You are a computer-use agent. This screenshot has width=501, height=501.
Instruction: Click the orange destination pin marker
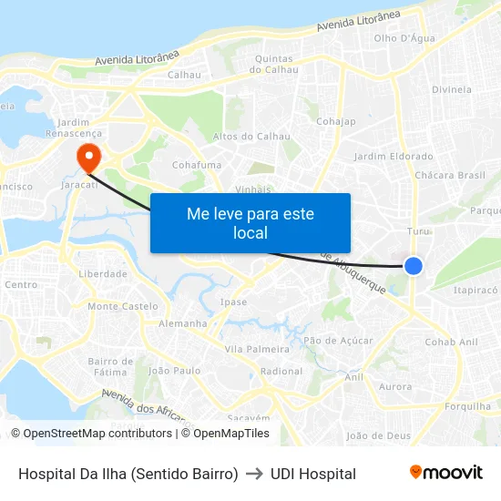click(x=89, y=156)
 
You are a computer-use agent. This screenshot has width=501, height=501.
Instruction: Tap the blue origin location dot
click(x=414, y=265)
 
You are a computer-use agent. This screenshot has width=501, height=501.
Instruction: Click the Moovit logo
click(x=445, y=473)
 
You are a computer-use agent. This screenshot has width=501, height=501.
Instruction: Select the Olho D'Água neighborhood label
click(x=404, y=38)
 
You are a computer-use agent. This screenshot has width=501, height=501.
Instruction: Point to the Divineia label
click(x=452, y=89)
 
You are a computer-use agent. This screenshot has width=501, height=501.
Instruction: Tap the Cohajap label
click(x=335, y=120)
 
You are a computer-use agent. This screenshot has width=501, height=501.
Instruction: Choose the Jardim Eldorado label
click(x=394, y=157)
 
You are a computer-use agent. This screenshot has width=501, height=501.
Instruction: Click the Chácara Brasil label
click(x=450, y=175)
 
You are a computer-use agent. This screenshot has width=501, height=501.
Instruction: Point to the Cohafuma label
click(x=197, y=165)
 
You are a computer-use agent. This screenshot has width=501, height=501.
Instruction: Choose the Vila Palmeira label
click(x=257, y=349)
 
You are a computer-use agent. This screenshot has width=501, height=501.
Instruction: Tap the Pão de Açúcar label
click(x=338, y=340)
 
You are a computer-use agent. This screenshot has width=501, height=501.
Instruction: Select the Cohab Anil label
click(x=451, y=342)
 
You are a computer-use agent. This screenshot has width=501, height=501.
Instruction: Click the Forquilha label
click(x=468, y=406)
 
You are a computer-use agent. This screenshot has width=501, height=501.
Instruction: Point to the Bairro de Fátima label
click(x=110, y=366)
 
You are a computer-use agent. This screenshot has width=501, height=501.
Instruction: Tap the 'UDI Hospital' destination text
click(x=313, y=474)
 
